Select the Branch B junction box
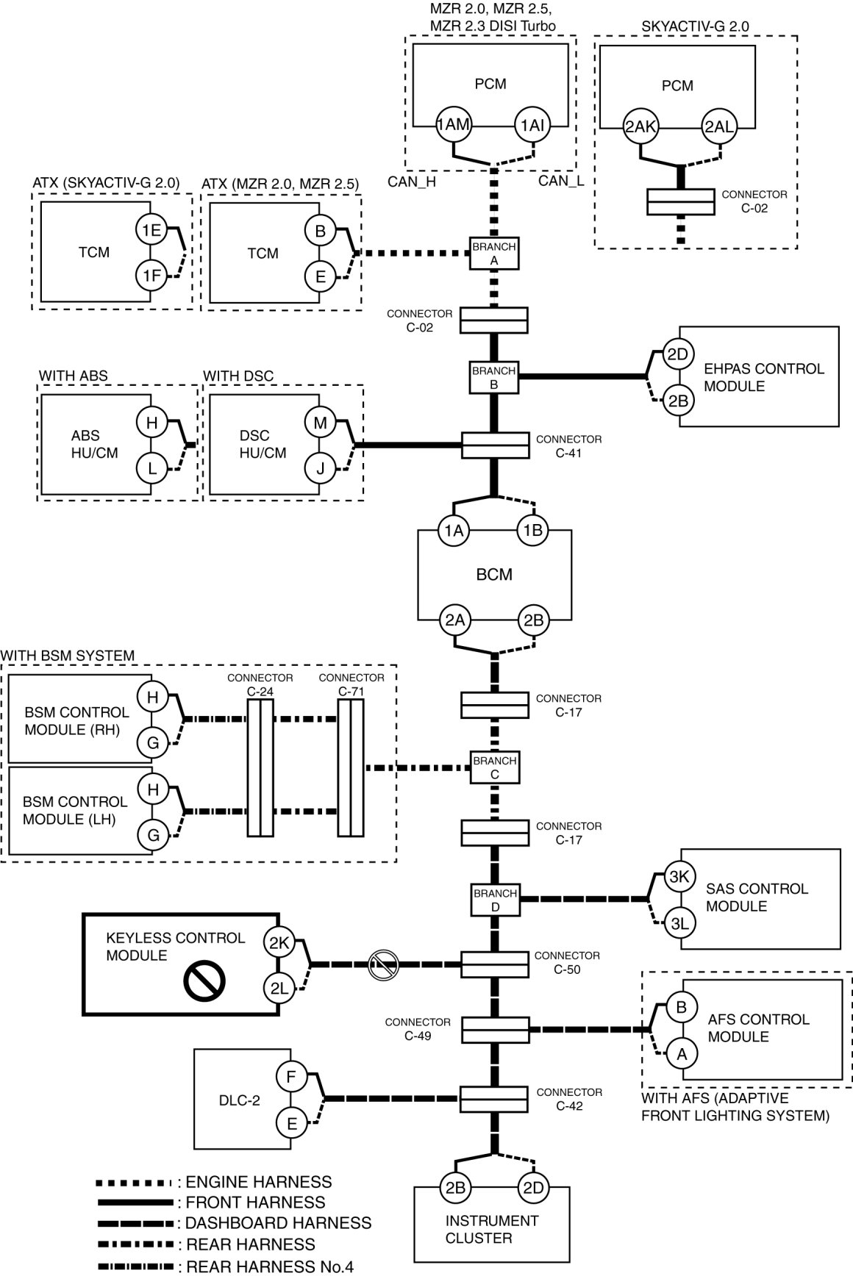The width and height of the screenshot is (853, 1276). point(493,377)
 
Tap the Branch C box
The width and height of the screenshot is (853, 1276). point(494,767)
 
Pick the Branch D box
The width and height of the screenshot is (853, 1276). point(495,900)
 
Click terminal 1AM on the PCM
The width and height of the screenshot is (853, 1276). point(453,125)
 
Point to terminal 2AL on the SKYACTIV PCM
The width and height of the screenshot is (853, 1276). point(718,126)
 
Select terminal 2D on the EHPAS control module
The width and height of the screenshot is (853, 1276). point(677,354)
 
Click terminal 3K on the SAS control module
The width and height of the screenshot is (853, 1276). point(679,877)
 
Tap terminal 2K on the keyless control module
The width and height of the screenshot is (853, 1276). point(279,943)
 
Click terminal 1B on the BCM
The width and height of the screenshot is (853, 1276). point(532,530)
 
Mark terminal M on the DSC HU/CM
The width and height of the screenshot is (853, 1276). point(320,422)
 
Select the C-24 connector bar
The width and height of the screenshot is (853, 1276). point(260,767)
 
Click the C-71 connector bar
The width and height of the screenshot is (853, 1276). point(351,767)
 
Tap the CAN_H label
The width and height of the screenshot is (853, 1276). point(412,182)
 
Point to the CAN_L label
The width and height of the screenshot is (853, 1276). point(560,181)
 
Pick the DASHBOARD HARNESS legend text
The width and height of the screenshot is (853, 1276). point(278,1223)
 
